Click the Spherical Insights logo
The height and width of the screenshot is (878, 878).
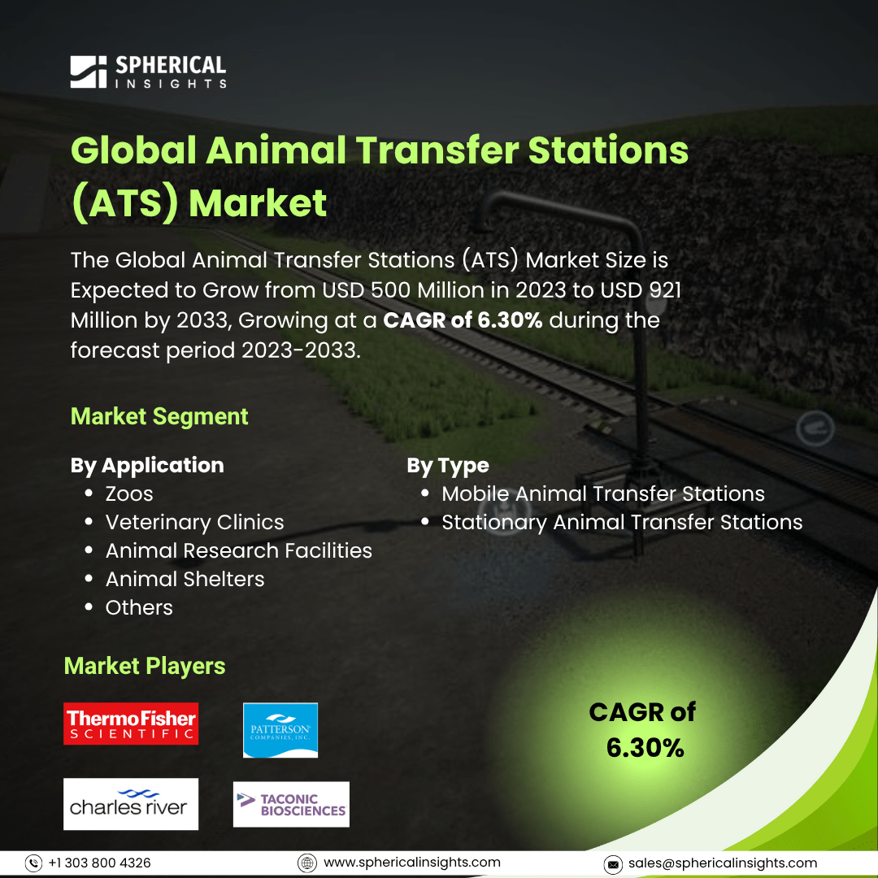149,72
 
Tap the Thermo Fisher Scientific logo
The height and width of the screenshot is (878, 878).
131,723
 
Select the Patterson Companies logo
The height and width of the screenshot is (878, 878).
280,730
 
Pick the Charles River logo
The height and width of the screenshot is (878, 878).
131,803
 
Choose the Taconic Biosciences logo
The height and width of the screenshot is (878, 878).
291,804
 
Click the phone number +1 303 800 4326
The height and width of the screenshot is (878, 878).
100,863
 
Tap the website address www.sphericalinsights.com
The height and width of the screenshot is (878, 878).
412,863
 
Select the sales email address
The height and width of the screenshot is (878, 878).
723,863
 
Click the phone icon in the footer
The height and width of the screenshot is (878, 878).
33,863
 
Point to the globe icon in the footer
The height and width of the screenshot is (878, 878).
306,863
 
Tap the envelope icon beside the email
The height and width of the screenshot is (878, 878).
613,864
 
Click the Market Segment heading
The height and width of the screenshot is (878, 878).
159,416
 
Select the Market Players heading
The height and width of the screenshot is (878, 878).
145,667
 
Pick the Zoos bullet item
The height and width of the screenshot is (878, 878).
129,494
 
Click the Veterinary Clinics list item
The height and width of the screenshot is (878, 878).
195,523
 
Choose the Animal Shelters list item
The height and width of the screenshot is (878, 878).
185,579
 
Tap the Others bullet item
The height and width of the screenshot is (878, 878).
140,607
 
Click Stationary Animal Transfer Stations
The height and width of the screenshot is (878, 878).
622,523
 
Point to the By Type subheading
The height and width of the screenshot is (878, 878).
448,465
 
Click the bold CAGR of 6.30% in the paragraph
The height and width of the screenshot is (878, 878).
463,320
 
